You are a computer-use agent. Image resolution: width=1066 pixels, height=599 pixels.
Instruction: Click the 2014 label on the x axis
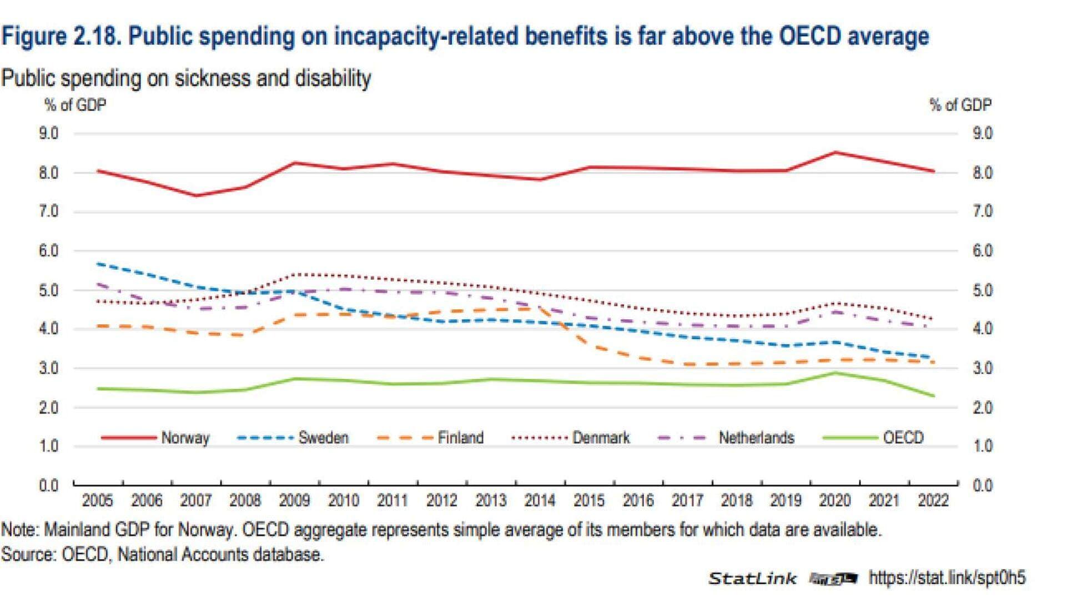click(x=540, y=501)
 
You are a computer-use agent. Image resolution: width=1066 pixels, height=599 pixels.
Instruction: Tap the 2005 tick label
click(x=97, y=501)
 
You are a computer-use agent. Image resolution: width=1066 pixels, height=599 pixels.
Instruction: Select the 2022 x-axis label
click(x=933, y=501)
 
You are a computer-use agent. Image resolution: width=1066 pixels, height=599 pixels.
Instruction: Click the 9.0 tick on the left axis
click(x=49, y=134)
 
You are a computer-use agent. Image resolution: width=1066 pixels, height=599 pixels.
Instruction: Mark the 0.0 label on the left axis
click(x=49, y=486)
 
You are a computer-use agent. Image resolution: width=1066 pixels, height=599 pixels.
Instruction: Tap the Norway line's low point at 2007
click(x=196, y=195)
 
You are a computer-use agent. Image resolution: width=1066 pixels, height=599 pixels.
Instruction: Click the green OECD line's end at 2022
click(x=934, y=396)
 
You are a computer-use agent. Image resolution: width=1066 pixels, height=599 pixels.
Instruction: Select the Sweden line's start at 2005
click(x=98, y=264)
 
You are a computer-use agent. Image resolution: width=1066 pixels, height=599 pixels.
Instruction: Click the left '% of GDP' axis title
click(x=75, y=105)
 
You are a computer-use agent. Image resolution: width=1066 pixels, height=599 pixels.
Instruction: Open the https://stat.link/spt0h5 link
click(x=947, y=578)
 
